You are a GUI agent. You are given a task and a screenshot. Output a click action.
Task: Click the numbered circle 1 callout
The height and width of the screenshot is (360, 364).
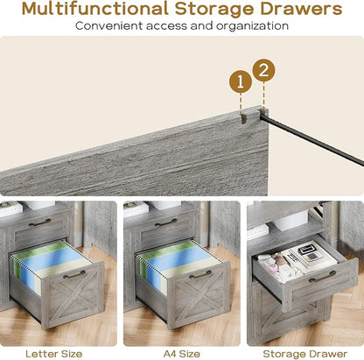point(241,82)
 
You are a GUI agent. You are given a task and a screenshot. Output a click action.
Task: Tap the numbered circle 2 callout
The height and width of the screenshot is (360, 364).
point(263,71)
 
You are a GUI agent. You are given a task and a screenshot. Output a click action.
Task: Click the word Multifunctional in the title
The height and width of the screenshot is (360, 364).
point(94,9)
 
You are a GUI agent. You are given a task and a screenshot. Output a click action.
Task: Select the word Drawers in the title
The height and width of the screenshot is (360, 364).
point(301,9)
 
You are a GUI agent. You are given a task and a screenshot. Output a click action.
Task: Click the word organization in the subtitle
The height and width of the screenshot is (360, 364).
point(252,26)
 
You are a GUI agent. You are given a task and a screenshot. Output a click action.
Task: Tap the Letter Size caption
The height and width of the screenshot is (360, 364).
point(54,354)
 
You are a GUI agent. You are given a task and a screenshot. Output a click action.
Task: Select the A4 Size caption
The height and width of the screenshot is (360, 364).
point(182,354)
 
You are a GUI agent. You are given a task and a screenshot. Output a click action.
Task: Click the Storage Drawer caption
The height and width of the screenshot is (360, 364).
point(305,354)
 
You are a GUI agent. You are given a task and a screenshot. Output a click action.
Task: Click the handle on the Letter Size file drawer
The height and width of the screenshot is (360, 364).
point(74,275)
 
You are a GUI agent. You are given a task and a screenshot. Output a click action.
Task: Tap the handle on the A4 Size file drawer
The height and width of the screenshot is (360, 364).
point(200,275)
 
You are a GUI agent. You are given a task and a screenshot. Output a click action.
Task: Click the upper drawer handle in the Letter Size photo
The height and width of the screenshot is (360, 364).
point(39,223)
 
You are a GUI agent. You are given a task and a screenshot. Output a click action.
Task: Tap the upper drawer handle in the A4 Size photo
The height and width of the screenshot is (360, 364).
point(165,223)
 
